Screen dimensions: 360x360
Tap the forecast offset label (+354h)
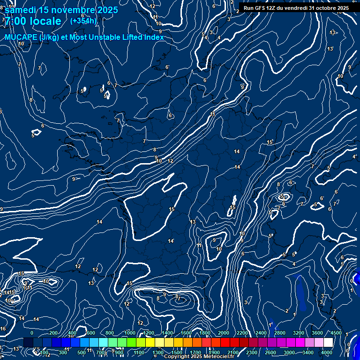[83, 21]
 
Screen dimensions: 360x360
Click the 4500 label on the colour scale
[336, 333]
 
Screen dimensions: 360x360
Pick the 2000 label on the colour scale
[224, 333]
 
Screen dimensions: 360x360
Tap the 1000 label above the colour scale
[130, 333]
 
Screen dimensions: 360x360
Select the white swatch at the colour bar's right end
[328, 343]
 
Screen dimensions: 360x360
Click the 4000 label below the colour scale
[327, 352]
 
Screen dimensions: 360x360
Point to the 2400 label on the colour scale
[261, 333]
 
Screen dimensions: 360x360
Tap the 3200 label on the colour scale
[299, 333]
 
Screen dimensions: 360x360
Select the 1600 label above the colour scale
[186, 333]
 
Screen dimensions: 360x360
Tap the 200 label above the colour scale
[53, 333]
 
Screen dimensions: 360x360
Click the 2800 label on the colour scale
[280, 333]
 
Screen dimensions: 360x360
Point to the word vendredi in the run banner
[297, 8]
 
